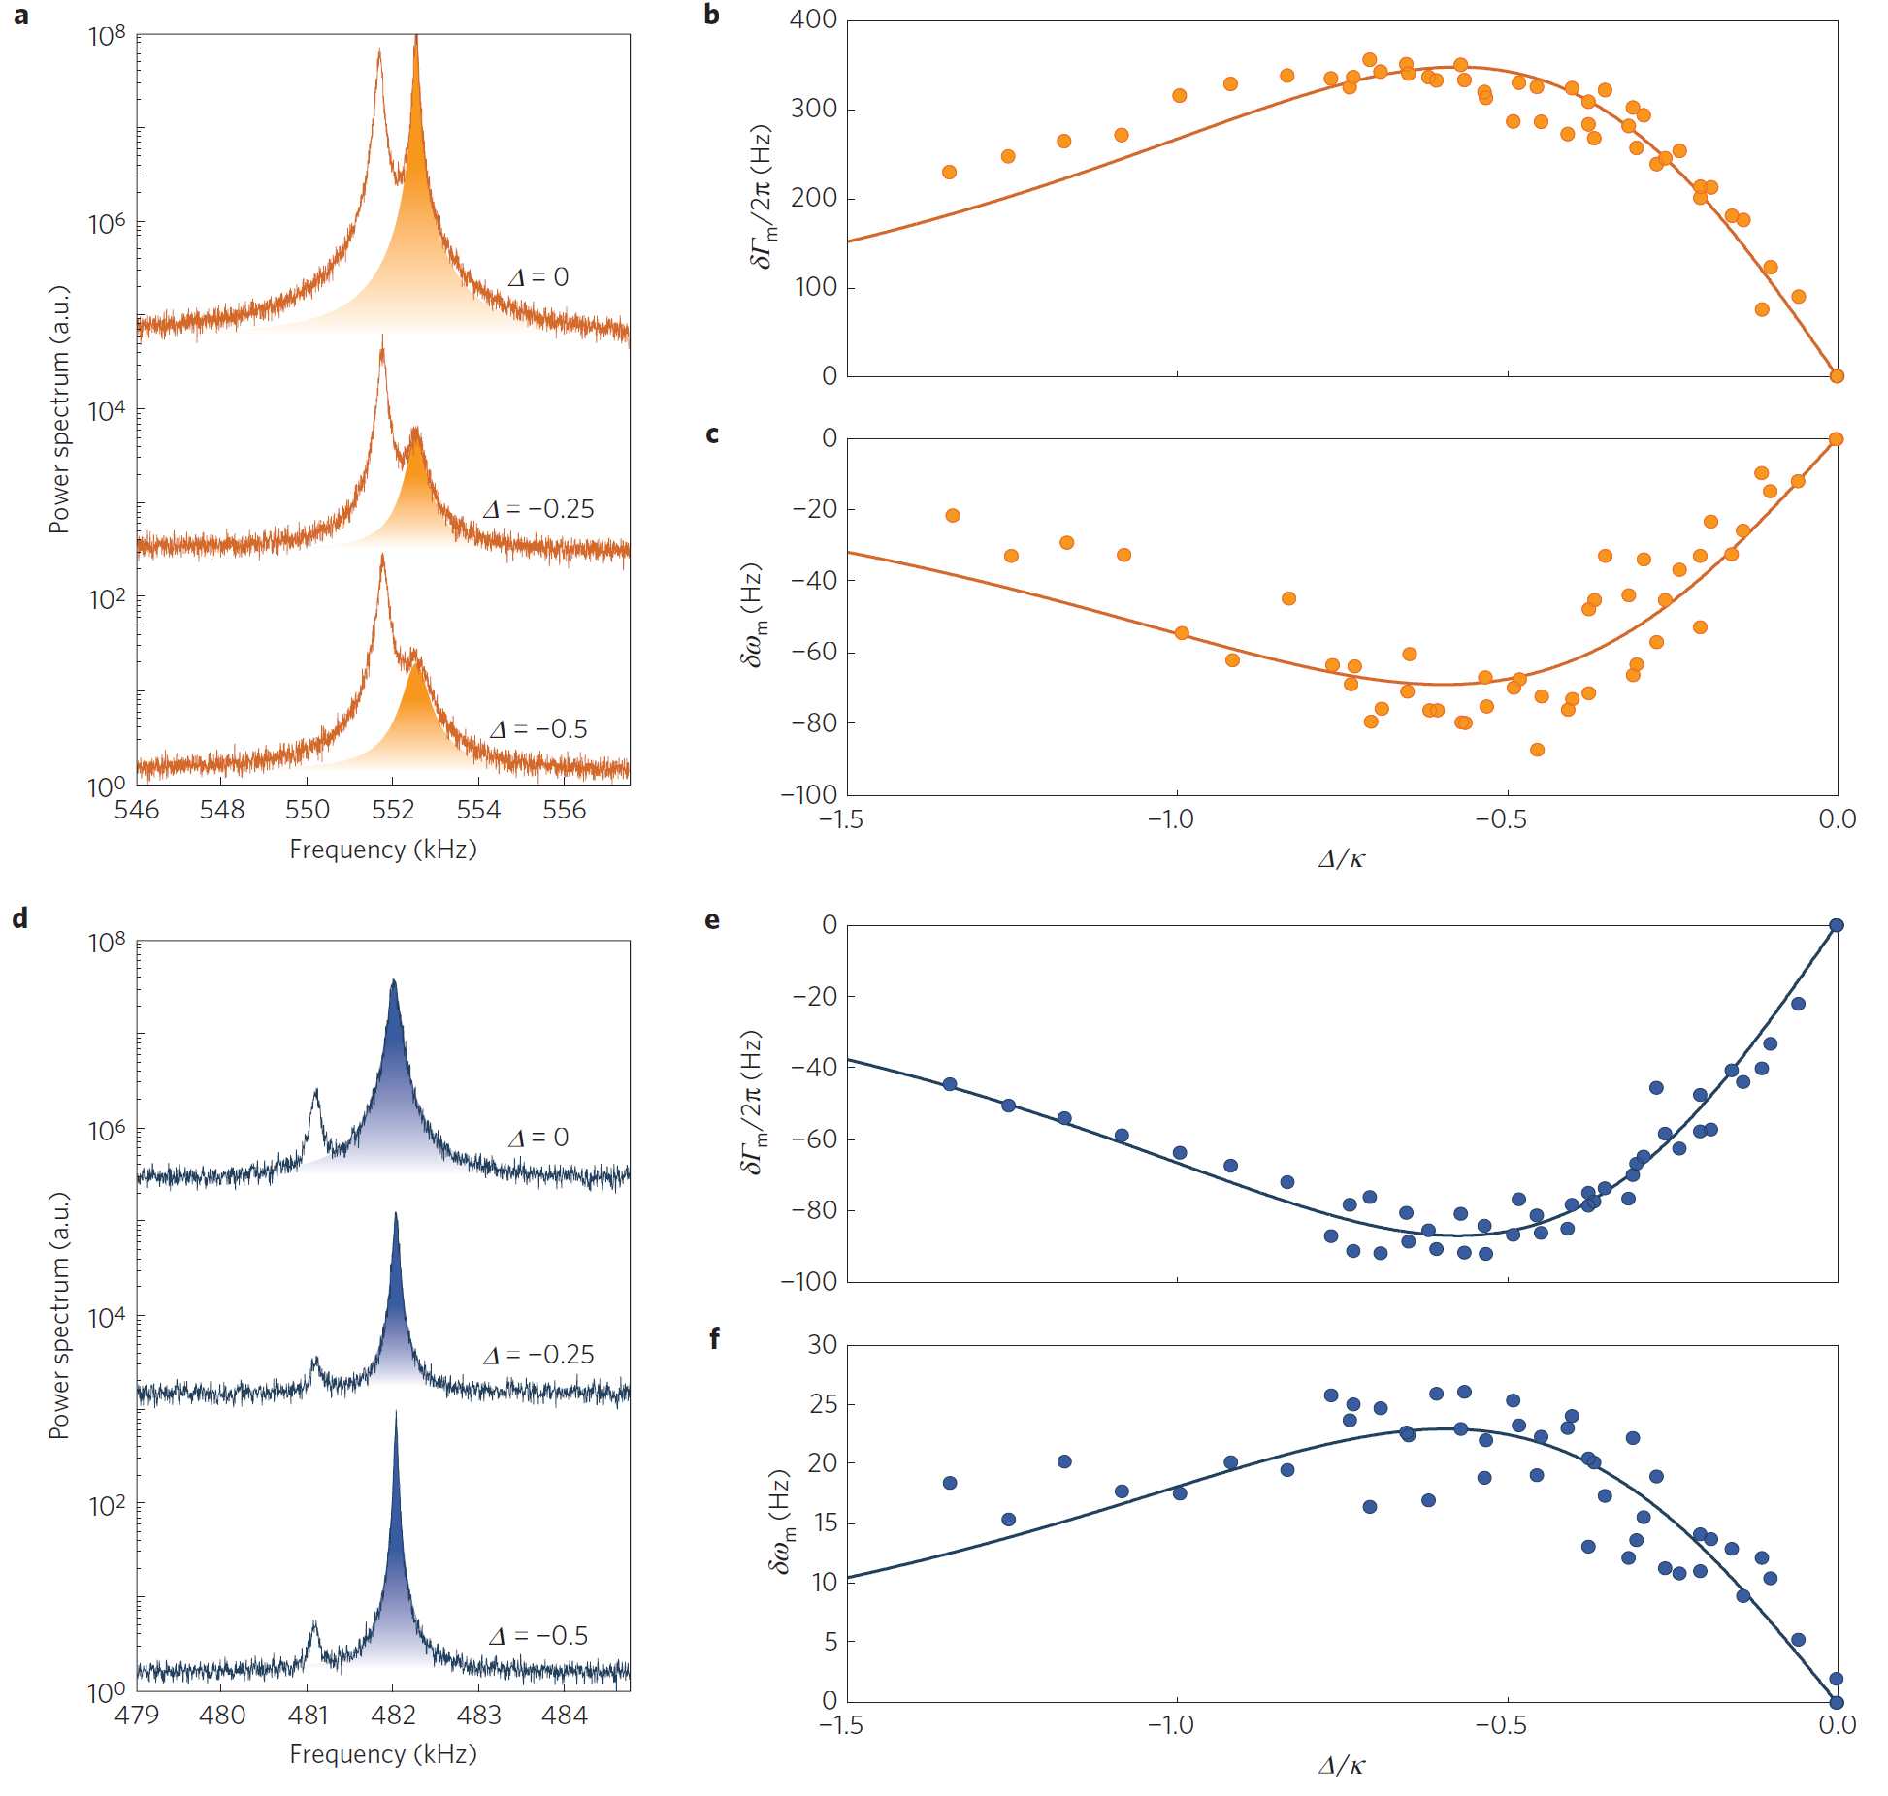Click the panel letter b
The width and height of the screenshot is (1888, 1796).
[x=711, y=16]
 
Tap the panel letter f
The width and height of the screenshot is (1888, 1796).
[x=714, y=1338]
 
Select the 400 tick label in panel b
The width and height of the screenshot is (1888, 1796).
[x=813, y=19]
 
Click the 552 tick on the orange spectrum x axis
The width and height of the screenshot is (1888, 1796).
[x=393, y=810]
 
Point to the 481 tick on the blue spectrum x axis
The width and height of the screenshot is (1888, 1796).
[x=308, y=1716]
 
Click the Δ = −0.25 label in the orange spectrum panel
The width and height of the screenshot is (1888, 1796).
[x=538, y=509]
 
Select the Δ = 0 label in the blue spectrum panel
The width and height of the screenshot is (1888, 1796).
[x=538, y=1138]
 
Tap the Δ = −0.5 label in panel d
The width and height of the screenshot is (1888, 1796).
[x=538, y=1636]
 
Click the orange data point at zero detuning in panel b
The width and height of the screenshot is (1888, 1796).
[x=1836, y=376]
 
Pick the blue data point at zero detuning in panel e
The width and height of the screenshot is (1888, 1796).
[x=1836, y=925]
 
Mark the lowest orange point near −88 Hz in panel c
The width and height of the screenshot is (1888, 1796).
[x=1537, y=750]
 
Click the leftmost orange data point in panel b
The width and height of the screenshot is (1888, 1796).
[x=949, y=173]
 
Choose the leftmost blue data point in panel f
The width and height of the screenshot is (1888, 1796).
[x=950, y=1483]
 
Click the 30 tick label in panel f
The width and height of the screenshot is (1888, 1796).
[x=822, y=1345]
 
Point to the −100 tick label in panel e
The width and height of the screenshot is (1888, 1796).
[x=808, y=1282]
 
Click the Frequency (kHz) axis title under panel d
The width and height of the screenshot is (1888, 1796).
[x=383, y=1754]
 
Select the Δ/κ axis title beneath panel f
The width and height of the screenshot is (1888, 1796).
[x=1342, y=1765]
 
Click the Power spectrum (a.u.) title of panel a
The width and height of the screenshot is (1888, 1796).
[x=59, y=409]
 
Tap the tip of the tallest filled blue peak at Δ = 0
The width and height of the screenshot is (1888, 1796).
[x=393, y=980]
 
